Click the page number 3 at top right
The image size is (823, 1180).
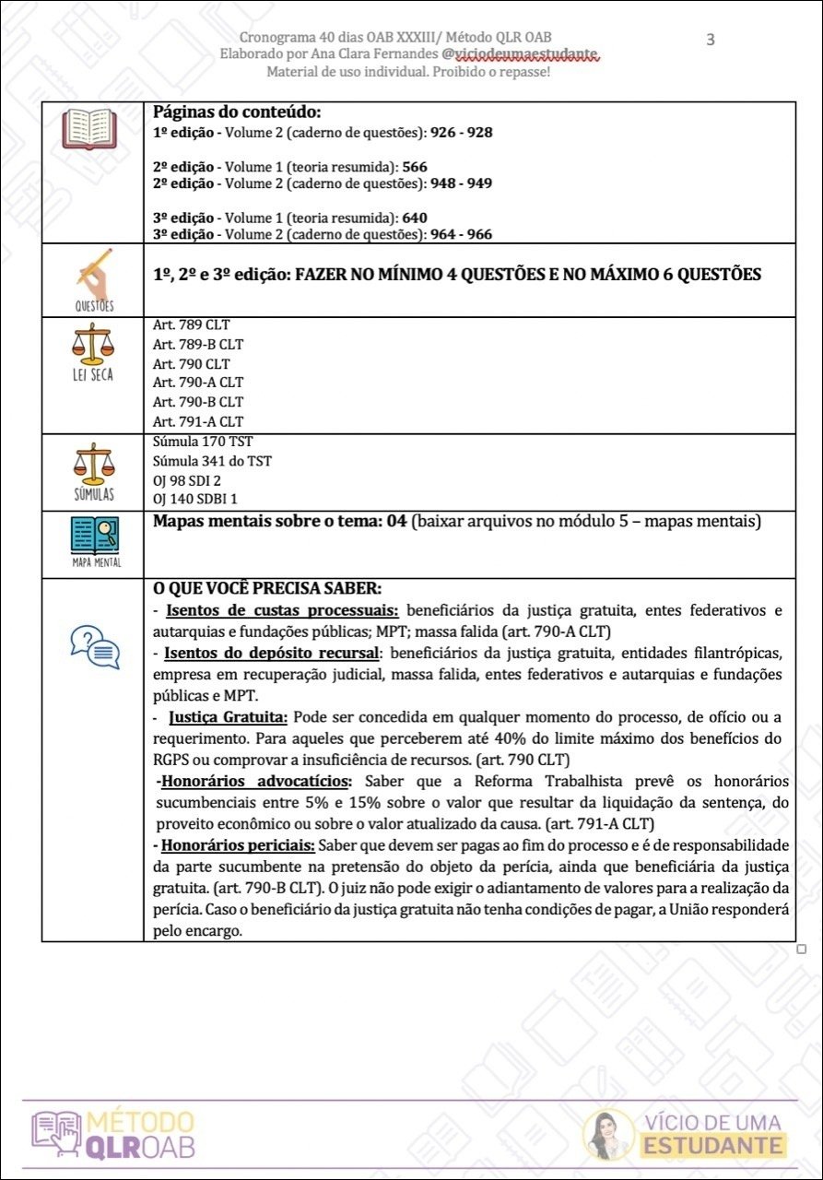pyautogui.click(x=710, y=39)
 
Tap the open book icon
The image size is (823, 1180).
pyautogui.click(x=89, y=130)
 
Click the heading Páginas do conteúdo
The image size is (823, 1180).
pyautogui.click(x=237, y=112)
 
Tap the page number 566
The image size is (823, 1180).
pyautogui.click(x=415, y=167)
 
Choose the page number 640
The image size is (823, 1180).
pyautogui.click(x=415, y=218)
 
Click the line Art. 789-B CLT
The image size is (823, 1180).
pyautogui.click(x=198, y=345)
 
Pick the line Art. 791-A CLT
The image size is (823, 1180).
pyautogui.click(x=198, y=421)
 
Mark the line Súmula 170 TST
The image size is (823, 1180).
pyautogui.click(x=203, y=442)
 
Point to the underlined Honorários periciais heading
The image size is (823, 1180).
pyautogui.click(x=237, y=845)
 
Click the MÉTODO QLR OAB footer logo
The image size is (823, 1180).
pyautogui.click(x=113, y=1134)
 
